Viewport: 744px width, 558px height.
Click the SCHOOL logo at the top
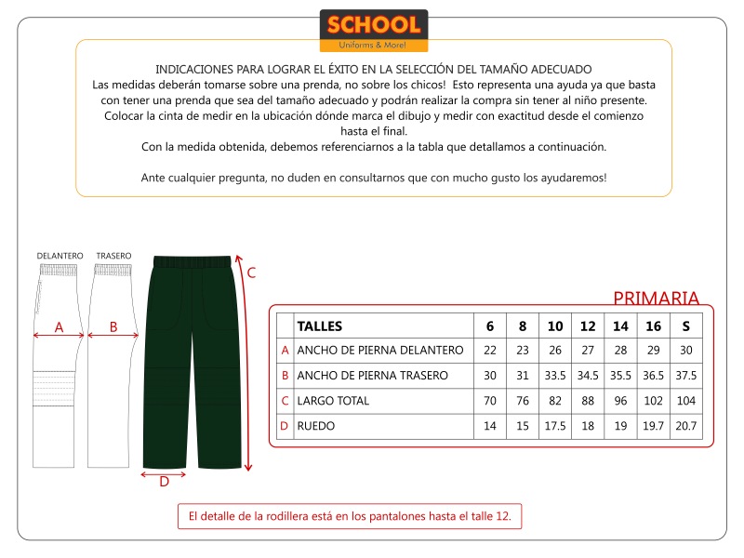373,30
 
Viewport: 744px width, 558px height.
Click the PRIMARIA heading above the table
656,299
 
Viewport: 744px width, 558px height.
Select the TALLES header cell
319,325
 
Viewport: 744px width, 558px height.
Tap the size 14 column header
620,325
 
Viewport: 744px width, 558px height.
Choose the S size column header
686,325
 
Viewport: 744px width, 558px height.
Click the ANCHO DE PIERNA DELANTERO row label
379,351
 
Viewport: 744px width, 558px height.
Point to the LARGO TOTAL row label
333,401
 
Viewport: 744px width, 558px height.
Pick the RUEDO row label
315,426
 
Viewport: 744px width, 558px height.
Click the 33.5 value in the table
555,376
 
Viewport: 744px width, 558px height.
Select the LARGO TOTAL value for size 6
490,401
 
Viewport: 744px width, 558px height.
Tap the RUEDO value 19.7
654,426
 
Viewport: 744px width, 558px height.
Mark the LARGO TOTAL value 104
686,401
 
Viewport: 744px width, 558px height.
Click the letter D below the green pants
164,482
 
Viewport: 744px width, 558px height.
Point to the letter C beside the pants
250,272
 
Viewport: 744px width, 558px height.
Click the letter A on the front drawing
59,327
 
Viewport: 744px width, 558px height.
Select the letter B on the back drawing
113,327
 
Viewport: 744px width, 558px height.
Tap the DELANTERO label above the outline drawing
60,255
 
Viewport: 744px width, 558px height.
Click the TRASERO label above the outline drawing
113,255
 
